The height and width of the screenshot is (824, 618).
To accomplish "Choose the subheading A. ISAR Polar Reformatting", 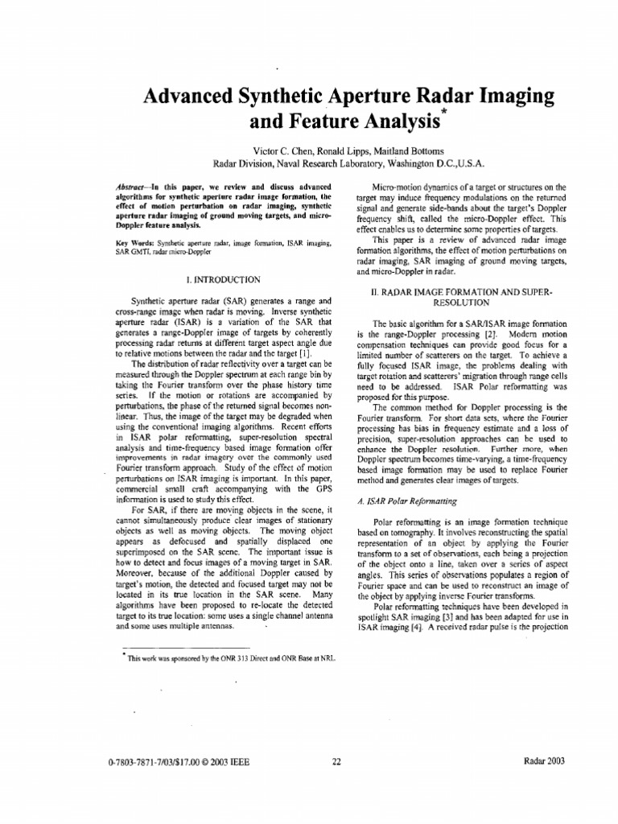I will pos(406,501).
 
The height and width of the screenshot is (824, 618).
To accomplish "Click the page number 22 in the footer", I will pos(336,761).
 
